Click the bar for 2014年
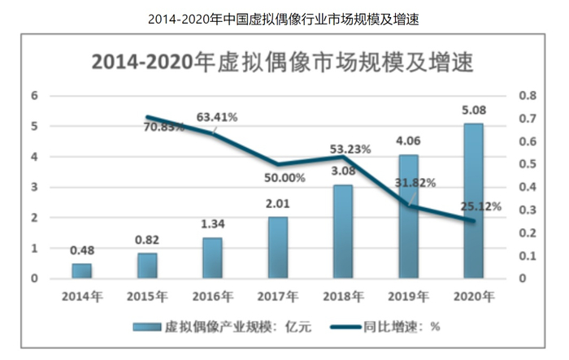pyautogui.click(x=82, y=271)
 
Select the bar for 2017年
pyautogui.click(x=277, y=248)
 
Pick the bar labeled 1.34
pyautogui.click(x=212, y=258)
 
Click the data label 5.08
pyautogui.click(x=473, y=110)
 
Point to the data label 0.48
pyautogui.click(x=82, y=249)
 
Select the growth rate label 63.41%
pyautogui.click(x=216, y=117)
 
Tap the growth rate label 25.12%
pyautogui.click(x=478, y=206)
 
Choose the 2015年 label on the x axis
pyautogui.click(x=147, y=296)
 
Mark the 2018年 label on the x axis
pyautogui.click(x=342, y=296)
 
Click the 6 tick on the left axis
pyautogui.click(x=34, y=95)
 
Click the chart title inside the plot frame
pyautogui.click(x=281, y=63)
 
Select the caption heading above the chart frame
pyautogui.click(x=284, y=18)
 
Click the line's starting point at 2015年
pyautogui.click(x=148, y=117)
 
